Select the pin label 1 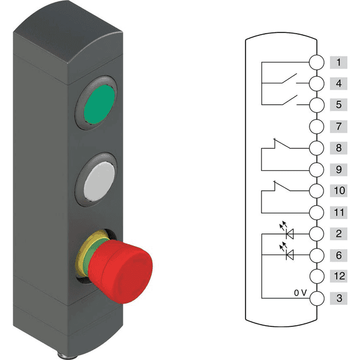coord(338,62)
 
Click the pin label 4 coord(338,83)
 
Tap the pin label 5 coord(338,105)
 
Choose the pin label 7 coord(338,127)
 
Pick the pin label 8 coord(338,148)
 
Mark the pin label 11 coord(338,212)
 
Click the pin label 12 coord(338,277)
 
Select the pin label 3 coord(338,298)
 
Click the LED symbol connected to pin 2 coord(290,233)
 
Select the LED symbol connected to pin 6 coord(290,255)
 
